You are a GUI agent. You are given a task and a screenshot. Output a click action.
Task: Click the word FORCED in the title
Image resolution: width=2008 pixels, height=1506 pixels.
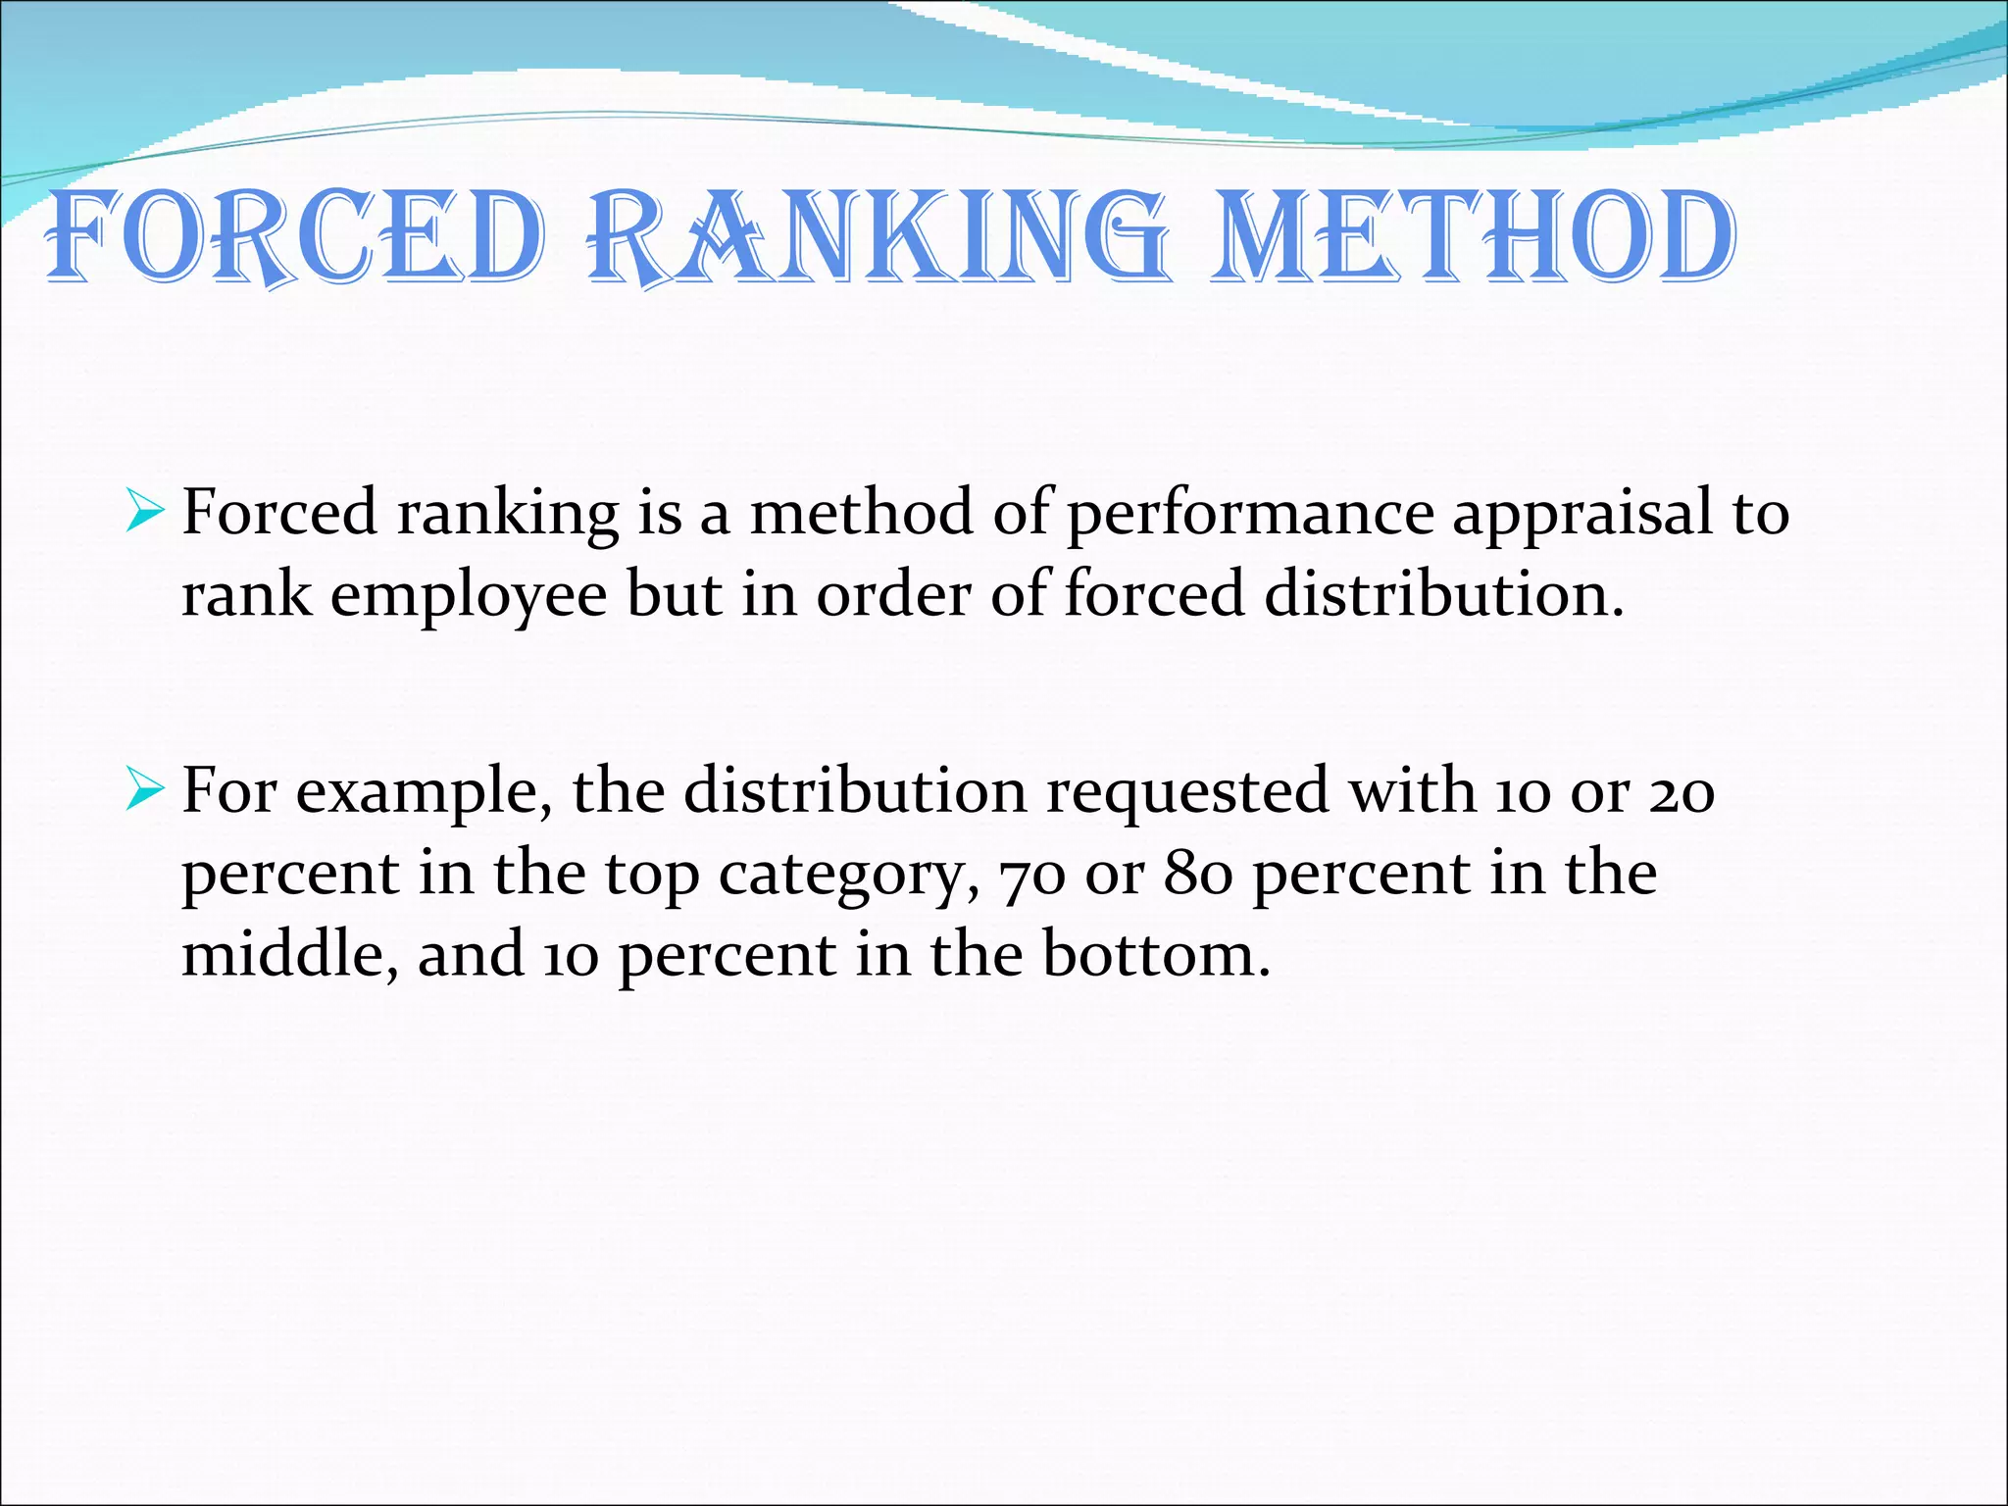tap(294, 238)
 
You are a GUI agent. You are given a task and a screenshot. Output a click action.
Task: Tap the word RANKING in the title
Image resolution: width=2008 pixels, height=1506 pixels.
tap(878, 238)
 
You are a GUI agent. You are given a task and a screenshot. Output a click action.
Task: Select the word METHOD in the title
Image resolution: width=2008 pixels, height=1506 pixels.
tap(1471, 238)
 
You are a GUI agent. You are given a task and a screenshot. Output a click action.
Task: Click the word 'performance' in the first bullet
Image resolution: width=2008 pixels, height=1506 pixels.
tap(1249, 514)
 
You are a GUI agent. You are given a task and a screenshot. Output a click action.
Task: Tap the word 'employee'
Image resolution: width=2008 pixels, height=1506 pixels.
tap(469, 596)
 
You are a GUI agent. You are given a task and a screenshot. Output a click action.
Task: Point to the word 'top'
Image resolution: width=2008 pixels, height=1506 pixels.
tap(652, 875)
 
